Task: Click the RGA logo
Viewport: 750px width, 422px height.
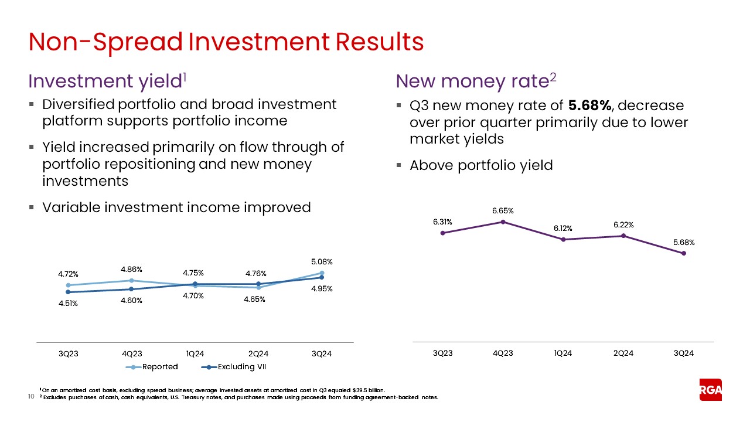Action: [711, 390]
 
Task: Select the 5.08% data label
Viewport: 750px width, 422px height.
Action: [322, 261]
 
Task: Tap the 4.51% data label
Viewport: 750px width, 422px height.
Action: [68, 304]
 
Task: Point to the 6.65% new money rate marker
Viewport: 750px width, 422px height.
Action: [503, 222]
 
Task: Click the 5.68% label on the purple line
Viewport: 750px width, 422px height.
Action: [683, 242]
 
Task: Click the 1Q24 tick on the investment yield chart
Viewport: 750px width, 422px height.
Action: [195, 353]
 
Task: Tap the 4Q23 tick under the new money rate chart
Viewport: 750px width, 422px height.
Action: [503, 353]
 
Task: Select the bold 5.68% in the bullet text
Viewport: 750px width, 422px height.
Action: [589, 105]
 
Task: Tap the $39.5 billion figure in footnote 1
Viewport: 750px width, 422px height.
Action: [366, 390]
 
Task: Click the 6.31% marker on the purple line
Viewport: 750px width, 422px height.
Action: [443, 233]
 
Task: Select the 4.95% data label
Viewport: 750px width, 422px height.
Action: [322, 288]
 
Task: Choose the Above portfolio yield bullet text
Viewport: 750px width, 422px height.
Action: [480, 165]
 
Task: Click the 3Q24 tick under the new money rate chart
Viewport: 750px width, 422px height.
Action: [683, 353]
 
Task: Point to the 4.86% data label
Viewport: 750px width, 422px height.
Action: [131, 269]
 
